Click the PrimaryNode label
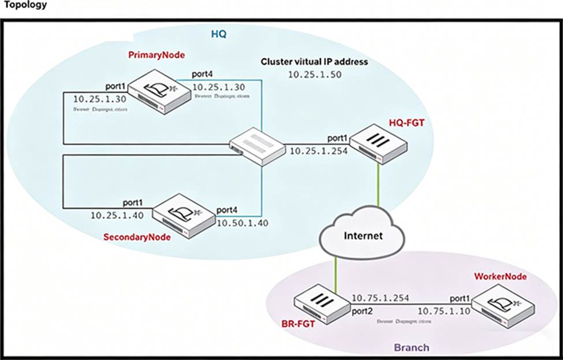point(156,55)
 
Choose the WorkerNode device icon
point(500,304)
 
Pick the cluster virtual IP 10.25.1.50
point(313,75)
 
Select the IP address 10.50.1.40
point(243,223)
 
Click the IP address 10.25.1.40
point(117,214)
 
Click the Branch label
point(411,347)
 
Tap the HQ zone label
point(218,35)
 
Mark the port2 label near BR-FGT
point(363,311)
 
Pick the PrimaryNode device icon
point(159,92)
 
